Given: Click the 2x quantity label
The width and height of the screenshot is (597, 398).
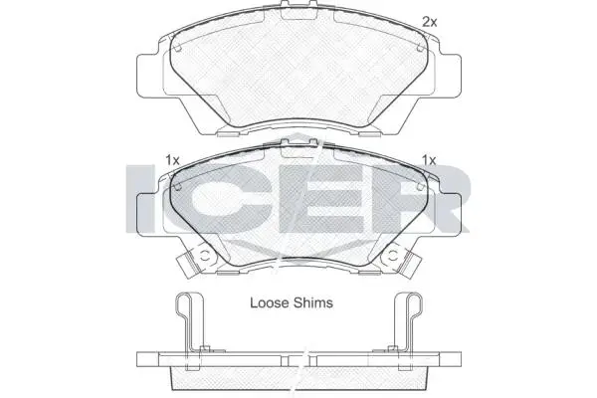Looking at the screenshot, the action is click(x=430, y=22).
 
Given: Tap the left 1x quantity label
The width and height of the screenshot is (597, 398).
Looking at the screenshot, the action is click(x=172, y=160).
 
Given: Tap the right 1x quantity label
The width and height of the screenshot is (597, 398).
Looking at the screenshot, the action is click(x=429, y=160).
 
